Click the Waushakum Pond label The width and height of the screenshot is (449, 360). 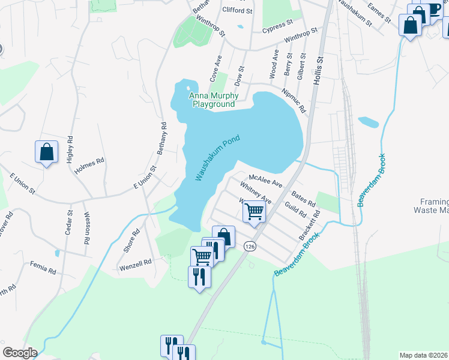pyautogui.click(x=217, y=158)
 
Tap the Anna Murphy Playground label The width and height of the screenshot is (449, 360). pyautogui.click(x=214, y=100)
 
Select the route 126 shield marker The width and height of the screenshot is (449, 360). pyautogui.click(x=250, y=246)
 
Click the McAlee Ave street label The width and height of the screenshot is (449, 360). pyautogui.click(x=265, y=181)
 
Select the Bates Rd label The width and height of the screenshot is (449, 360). pyautogui.click(x=303, y=199)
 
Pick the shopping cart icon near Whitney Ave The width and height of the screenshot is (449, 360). pyautogui.click(x=255, y=211)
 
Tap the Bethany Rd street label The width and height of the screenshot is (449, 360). pyautogui.click(x=162, y=139)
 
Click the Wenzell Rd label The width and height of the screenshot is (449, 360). pyautogui.click(x=135, y=262)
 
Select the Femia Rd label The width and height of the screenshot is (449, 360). pyautogui.click(x=43, y=267)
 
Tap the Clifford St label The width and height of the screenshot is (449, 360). pyautogui.click(x=238, y=11)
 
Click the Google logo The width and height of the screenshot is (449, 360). pyautogui.click(x=20, y=353)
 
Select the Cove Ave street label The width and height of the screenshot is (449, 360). pyautogui.click(x=215, y=68)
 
